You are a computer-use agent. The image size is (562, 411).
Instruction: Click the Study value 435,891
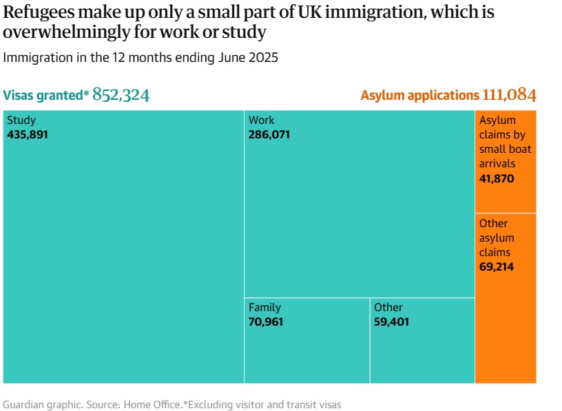[28, 134]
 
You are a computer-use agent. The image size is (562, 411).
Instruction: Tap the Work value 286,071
[269, 134]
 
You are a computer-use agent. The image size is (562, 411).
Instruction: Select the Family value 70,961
[266, 322]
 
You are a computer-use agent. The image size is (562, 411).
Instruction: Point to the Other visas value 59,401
[391, 322]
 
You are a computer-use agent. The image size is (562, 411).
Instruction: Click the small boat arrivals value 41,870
[497, 179]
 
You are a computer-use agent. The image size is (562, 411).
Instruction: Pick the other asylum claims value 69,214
[497, 266]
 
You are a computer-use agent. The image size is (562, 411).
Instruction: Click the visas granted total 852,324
[121, 95]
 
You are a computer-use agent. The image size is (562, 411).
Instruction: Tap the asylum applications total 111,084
[509, 95]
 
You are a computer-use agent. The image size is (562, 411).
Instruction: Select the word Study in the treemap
[21, 120]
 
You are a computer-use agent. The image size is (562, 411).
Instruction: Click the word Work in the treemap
[261, 120]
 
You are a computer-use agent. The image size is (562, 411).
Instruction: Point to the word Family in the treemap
[264, 307]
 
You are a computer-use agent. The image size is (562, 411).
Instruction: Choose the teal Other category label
[388, 307]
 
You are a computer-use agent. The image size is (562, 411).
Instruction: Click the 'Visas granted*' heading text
[46, 96]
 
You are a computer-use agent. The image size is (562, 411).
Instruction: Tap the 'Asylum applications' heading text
[419, 96]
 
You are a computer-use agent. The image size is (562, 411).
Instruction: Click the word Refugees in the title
[37, 12]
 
